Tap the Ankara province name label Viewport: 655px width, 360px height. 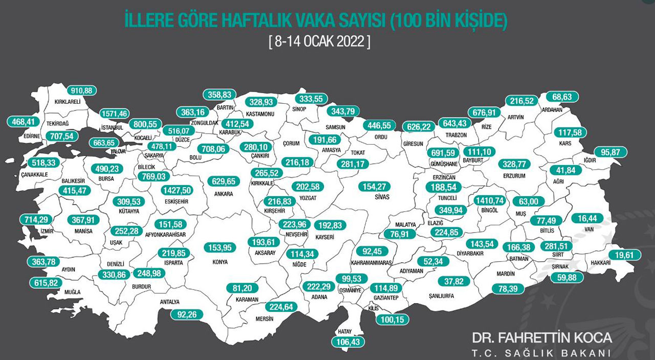tap(224, 194)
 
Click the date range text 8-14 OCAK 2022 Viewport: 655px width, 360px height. tap(319, 41)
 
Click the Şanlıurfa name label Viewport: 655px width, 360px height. tap(441, 295)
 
